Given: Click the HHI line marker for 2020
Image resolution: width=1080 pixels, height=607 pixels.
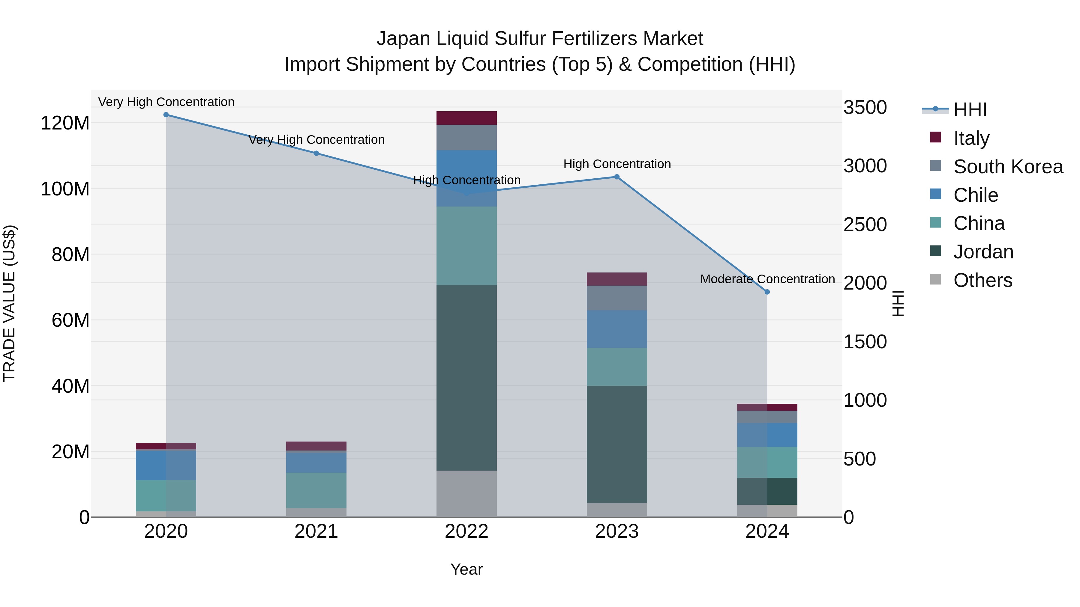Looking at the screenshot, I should pyautogui.click(x=166, y=115).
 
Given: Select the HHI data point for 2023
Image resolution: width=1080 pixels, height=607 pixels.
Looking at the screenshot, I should pyautogui.click(x=617, y=177).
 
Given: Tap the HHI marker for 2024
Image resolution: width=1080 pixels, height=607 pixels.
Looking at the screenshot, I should pyautogui.click(x=767, y=292).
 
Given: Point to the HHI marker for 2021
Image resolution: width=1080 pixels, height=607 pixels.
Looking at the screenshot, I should pyautogui.click(x=316, y=153).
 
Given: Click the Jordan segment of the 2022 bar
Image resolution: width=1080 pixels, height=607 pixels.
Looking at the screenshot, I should pyautogui.click(x=466, y=377).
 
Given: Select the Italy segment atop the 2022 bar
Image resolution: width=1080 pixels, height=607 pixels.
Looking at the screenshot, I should pyautogui.click(x=466, y=118).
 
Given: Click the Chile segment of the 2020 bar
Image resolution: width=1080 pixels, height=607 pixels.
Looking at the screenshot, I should pyautogui.click(x=166, y=465).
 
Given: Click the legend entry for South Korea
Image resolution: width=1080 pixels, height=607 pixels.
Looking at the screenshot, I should pyautogui.click(x=1008, y=167).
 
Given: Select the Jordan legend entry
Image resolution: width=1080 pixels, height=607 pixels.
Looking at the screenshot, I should pyautogui.click(x=983, y=252).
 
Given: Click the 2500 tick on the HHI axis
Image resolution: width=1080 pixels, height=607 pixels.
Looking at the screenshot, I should pyautogui.click(x=865, y=225).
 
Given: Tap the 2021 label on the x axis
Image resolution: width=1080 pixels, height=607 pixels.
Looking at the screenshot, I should pyautogui.click(x=316, y=531).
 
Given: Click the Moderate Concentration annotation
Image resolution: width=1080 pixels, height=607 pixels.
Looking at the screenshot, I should pyautogui.click(x=767, y=279).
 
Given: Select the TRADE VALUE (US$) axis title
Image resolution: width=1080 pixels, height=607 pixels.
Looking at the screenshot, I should pyautogui.click(x=10, y=303).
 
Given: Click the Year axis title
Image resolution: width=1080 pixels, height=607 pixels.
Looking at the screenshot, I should pyautogui.click(x=466, y=569).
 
